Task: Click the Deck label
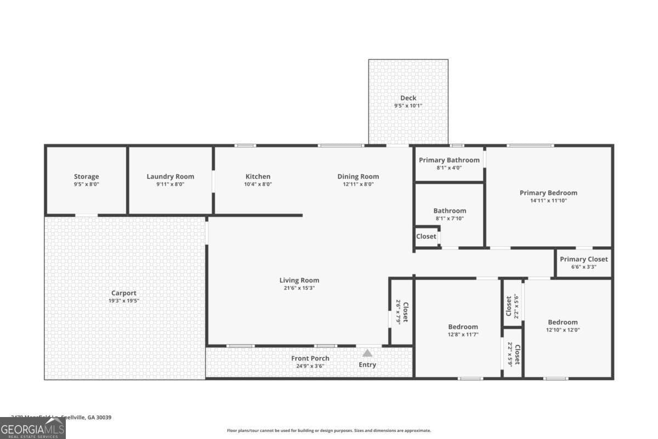(408, 98)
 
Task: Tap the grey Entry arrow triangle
(367, 353)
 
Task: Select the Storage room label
(87, 176)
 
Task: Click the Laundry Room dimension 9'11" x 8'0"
(170, 184)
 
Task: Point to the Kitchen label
(258, 176)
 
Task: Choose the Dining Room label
(358, 176)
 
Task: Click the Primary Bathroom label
(449, 160)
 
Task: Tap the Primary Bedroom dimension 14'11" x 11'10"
(548, 201)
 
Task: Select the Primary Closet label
(583, 259)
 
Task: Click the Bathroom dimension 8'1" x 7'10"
(450, 218)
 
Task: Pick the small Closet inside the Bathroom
(426, 237)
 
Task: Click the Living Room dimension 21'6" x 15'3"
(299, 288)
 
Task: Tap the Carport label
(124, 292)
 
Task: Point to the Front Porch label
(310, 358)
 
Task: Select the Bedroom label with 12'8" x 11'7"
(463, 327)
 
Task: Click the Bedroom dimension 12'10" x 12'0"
(563, 330)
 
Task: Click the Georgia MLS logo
(33, 428)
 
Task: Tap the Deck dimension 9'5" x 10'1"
(408, 106)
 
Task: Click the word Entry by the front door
(367, 364)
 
